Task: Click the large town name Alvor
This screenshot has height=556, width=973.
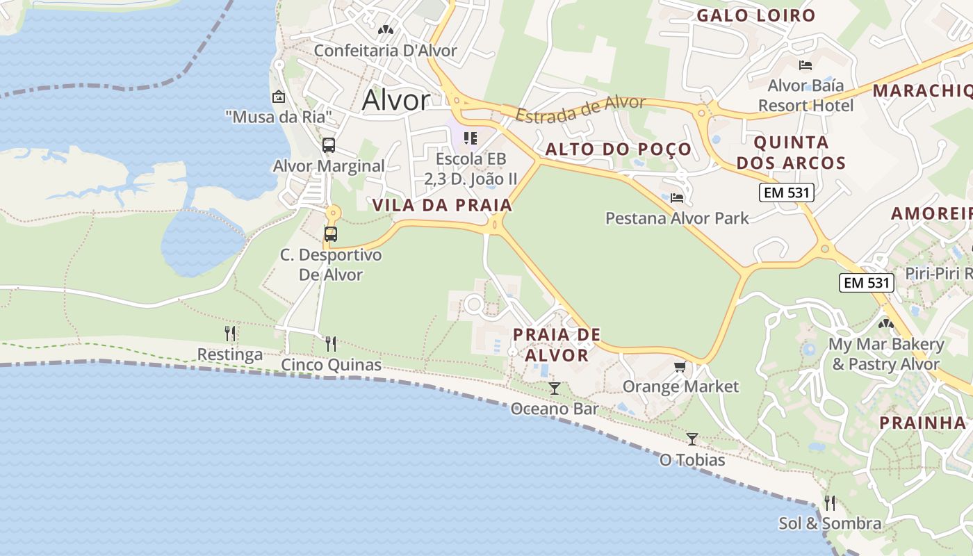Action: (x=395, y=101)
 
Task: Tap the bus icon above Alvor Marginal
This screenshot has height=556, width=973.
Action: (x=329, y=146)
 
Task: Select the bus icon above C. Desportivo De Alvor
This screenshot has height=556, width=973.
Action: (x=331, y=234)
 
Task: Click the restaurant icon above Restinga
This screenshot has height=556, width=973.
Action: (x=230, y=334)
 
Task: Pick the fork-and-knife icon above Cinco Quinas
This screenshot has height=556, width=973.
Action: (x=331, y=343)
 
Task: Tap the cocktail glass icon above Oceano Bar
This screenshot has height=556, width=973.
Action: (x=554, y=388)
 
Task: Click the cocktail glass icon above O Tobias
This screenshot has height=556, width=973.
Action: (x=692, y=439)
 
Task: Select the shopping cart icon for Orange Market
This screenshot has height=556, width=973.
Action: (x=680, y=366)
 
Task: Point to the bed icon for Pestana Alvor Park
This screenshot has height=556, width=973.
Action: (x=677, y=198)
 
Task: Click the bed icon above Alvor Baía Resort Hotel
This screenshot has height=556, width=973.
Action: (x=806, y=65)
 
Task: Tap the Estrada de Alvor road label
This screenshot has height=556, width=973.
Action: (x=581, y=110)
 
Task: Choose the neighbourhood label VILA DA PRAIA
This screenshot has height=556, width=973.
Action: (x=442, y=205)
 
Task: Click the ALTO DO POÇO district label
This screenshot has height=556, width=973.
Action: (x=619, y=149)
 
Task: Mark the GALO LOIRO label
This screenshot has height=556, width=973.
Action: (x=755, y=15)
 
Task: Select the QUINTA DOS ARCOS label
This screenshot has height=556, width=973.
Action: (x=791, y=153)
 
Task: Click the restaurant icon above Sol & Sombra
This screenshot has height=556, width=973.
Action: (x=830, y=502)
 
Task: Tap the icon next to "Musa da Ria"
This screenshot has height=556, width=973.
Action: (x=279, y=97)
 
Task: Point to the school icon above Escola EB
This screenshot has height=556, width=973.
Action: (x=471, y=138)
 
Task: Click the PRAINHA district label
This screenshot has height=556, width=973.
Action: (x=922, y=423)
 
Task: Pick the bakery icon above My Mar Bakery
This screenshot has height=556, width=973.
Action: (x=885, y=323)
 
